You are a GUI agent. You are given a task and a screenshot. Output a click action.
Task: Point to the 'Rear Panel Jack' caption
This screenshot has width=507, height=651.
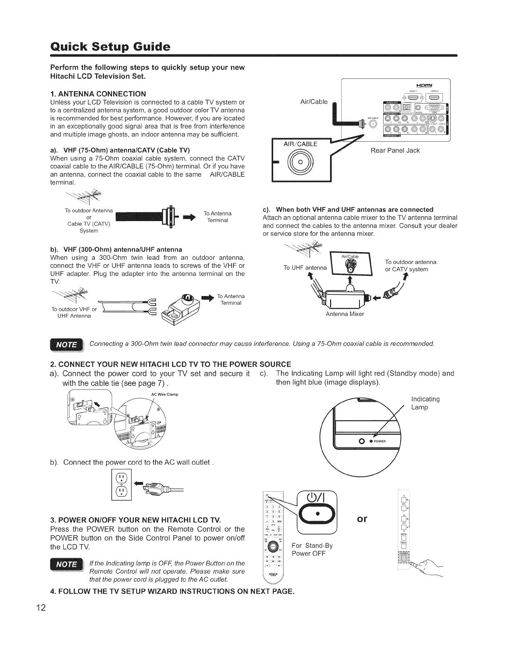point(395,150)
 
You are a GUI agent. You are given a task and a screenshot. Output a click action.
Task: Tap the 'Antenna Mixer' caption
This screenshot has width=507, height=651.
point(345,314)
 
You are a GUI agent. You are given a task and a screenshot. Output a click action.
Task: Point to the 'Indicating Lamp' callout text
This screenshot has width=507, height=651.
point(425,403)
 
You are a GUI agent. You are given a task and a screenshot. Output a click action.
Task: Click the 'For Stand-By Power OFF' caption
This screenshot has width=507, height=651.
point(312,549)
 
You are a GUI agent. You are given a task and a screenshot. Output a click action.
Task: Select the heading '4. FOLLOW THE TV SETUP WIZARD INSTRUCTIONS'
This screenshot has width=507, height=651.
point(172,592)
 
